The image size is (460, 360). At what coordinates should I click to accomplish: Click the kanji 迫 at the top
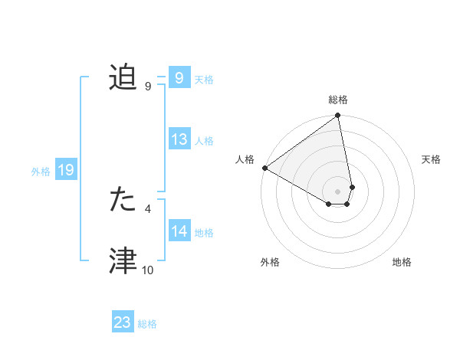pyautogui.click(x=123, y=78)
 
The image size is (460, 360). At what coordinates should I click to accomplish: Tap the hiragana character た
pyautogui.click(x=123, y=199)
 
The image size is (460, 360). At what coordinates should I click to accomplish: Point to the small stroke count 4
pyautogui.click(x=148, y=208)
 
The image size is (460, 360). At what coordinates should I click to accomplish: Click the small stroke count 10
pyautogui.click(x=148, y=270)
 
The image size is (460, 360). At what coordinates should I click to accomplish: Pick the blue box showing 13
pyautogui.click(x=179, y=140)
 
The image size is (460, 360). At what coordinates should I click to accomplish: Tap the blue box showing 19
pyautogui.click(x=66, y=171)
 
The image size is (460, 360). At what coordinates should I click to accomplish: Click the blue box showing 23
pyautogui.click(x=123, y=322)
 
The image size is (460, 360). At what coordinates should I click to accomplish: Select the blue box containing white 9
pyautogui.click(x=179, y=78)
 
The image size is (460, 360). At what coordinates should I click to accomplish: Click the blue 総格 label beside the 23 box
pyautogui.click(x=147, y=324)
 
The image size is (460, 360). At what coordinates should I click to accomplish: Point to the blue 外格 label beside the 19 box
pyautogui.click(x=41, y=172)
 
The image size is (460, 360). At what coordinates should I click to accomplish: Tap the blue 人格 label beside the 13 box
pyautogui.click(x=204, y=141)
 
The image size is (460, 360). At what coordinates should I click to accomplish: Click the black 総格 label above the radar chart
pyautogui.click(x=338, y=100)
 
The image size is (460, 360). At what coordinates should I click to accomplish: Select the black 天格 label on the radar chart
pyautogui.click(x=432, y=159)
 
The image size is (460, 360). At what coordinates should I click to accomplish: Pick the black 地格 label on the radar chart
pyautogui.click(x=402, y=263)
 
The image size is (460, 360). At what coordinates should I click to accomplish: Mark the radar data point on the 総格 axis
pyautogui.click(x=338, y=116)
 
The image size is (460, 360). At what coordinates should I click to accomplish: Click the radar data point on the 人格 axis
pyautogui.click(x=264, y=168)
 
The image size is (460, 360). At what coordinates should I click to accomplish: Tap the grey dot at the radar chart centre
pyautogui.click(x=338, y=191)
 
